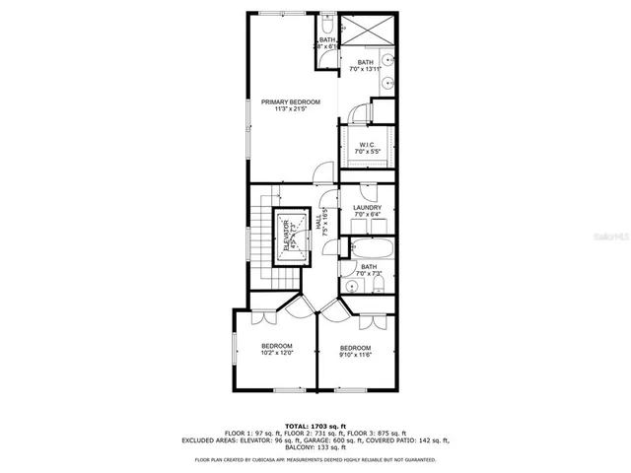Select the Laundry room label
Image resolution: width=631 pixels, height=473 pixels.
366,211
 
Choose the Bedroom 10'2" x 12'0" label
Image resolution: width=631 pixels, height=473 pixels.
276,349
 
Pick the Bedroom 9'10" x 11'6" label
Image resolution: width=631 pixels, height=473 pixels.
355,352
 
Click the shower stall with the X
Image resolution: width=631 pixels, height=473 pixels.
367,34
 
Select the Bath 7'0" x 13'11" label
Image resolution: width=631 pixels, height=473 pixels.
365,65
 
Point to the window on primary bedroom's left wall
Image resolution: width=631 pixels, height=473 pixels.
247,128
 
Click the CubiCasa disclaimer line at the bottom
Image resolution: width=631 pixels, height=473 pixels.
315,459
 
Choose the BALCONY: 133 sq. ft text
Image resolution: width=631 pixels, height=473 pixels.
315,448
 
